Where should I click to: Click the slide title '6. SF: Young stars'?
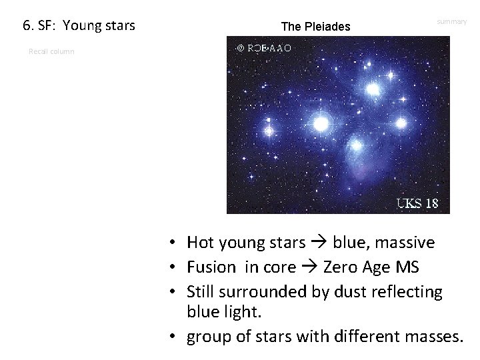pyautogui.click(x=79, y=26)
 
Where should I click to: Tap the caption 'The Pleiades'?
pyautogui.click(x=315, y=27)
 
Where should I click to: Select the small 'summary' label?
pyautogui.click(x=451, y=22)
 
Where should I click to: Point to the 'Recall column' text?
pyautogui.click(x=51, y=51)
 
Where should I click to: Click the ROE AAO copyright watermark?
pyautogui.click(x=264, y=48)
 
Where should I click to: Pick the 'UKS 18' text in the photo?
pyautogui.click(x=417, y=203)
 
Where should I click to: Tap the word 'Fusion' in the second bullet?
pyautogui.click(x=211, y=267)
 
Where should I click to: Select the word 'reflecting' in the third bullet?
pyautogui.click(x=409, y=291)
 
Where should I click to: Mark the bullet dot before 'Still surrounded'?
pyautogui.click(x=172, y=292)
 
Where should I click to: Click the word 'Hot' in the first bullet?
pyautogui.click(x=199, y=243)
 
